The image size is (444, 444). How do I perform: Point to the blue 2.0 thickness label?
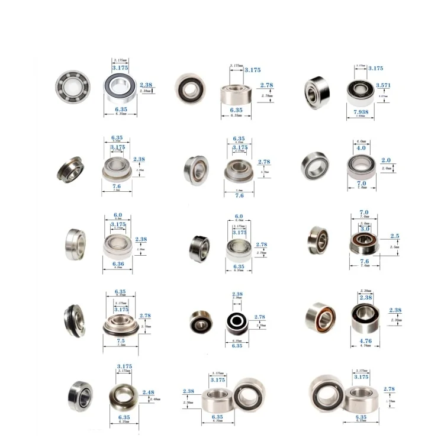pyautogui.click(x=387, y=160)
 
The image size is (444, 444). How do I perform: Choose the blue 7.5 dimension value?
pyautogui.click(x=121, y=341)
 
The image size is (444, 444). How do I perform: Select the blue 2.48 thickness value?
pyautogui.click(x=149, y=392)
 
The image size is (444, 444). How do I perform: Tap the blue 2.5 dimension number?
pyautogui.click(x=394, y=236)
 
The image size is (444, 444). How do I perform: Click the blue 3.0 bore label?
pyautogui.click(x=364, y=228)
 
